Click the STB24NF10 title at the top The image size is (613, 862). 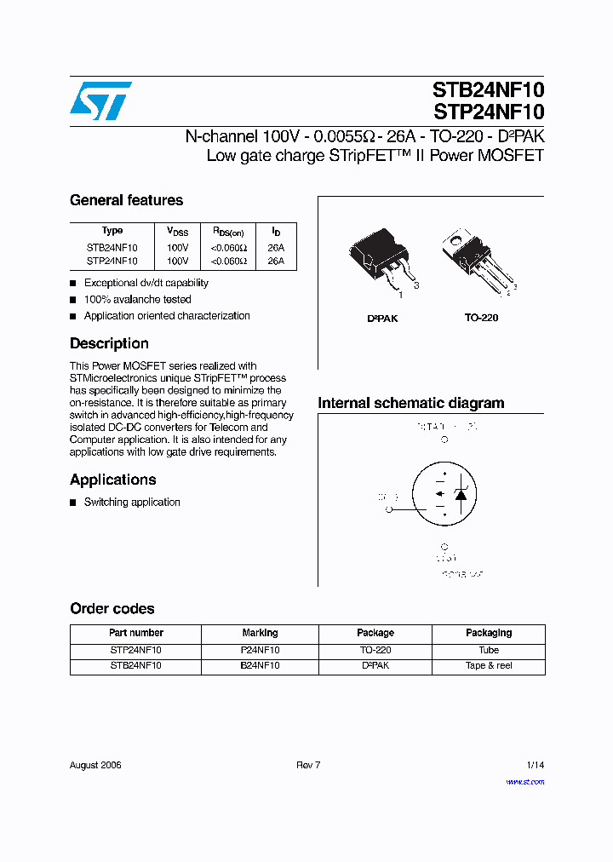488,89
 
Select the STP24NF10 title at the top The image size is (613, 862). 488,112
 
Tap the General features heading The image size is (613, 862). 126,200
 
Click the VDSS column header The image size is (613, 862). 177,232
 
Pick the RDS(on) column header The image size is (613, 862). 228,232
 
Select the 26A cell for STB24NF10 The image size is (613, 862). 276,248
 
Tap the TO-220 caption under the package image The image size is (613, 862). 481,318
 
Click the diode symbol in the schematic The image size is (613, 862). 461,494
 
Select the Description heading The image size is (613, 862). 109,343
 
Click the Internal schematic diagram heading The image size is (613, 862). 410,403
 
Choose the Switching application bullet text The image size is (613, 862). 132,503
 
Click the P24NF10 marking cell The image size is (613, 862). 261,650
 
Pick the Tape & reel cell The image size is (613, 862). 489,666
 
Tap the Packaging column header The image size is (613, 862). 489,633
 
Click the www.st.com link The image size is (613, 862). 524,782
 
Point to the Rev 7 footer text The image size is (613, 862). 308,765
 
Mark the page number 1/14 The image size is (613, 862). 535,765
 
